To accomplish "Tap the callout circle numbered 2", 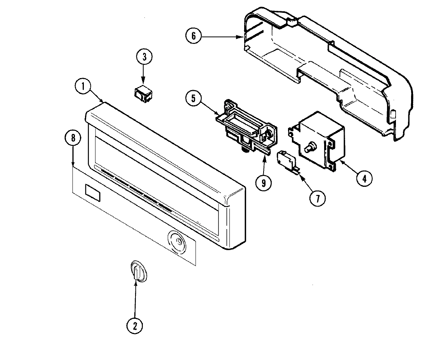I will [135, 326].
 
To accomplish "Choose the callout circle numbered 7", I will [317, 198].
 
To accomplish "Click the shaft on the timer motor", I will [311, 148].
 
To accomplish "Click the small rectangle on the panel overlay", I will [92, 193].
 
